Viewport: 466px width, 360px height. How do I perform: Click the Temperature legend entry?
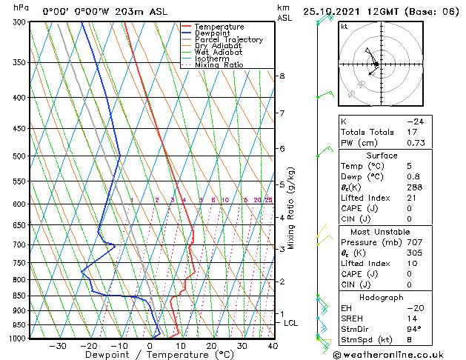click(220, 27)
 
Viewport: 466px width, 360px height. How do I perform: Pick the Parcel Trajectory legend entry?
click(228, 40)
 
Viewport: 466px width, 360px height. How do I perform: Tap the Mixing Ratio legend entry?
click(219, 65)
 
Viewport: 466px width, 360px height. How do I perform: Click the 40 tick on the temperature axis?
click(273, 346)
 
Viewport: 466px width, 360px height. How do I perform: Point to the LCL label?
click(291, 323)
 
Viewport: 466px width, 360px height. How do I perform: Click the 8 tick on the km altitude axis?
click(282, 76)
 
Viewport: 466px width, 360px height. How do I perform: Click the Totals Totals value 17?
click(410, 132)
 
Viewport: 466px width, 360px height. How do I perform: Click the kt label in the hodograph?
click(344, 27)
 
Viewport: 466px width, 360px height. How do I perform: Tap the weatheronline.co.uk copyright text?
click(393, 354)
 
